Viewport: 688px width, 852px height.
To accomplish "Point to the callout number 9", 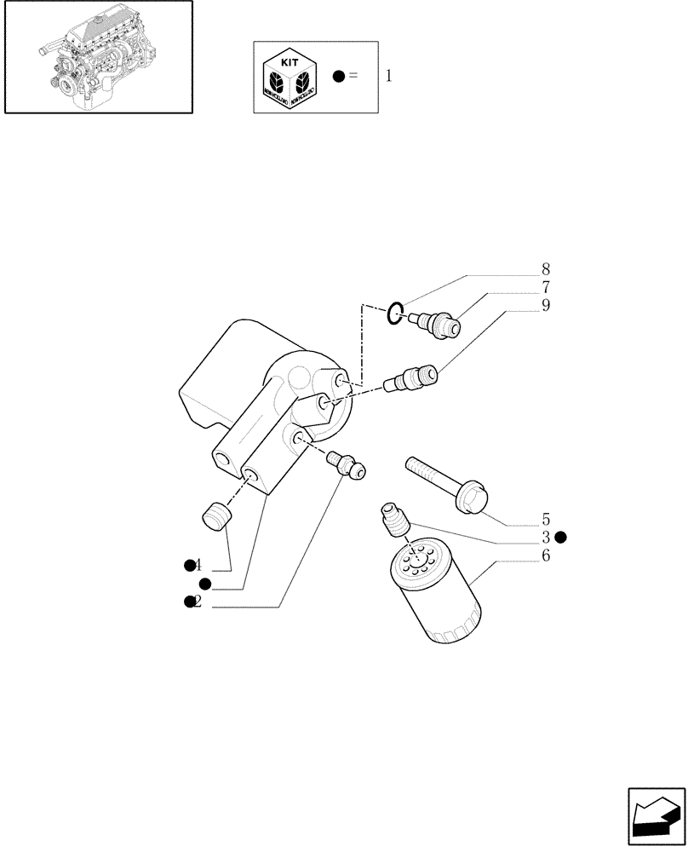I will point(545,306).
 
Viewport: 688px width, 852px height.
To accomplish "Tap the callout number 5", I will point(545,519).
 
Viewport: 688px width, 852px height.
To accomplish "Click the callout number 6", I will point(545,556).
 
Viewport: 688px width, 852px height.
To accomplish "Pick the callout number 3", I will point(545,537).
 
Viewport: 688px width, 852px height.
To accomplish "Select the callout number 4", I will point(198,565).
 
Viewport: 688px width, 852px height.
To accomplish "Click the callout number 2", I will point(198,602).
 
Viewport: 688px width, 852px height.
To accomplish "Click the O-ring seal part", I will point(395,314).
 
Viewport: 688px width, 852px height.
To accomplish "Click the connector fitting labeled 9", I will point(414,377).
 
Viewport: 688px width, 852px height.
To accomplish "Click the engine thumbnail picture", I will point(97,56).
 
